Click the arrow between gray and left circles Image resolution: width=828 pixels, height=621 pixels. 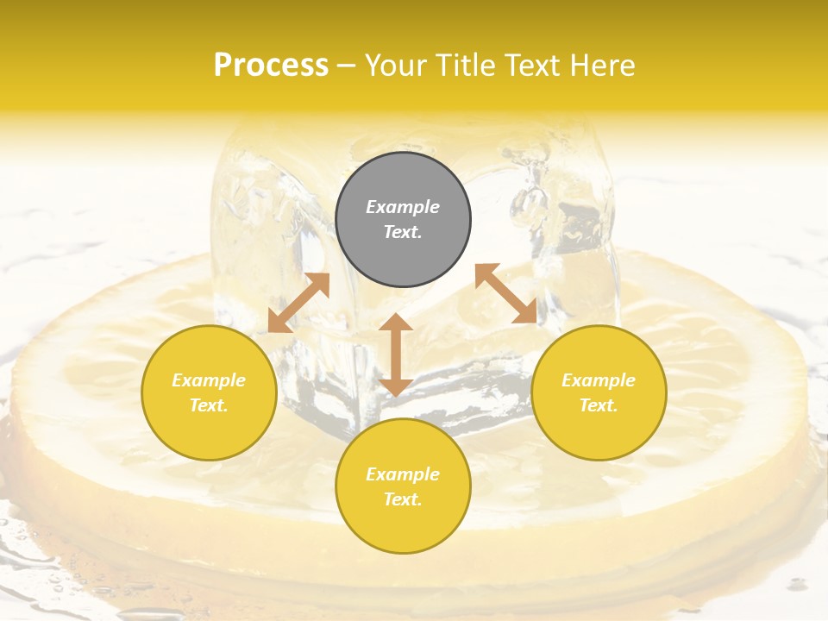click(298, 303)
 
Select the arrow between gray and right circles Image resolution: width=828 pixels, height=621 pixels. click(506, 293)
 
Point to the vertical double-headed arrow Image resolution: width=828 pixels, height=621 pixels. click(396, 355)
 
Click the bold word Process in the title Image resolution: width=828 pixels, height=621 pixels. click(271, 65)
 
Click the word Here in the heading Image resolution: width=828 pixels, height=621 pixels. click(604, 65)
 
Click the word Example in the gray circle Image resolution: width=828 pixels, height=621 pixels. click(403, 207)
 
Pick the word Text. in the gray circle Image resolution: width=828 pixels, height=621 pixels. click(403, 232)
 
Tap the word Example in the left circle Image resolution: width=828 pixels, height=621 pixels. click(209, 380)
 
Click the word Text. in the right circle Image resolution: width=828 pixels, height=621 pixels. click(599, 405)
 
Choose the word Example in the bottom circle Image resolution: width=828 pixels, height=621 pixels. click(403, 474)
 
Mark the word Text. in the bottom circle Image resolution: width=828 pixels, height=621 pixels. click(403, 499)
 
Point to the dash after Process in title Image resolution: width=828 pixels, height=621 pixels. click(347, 66)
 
